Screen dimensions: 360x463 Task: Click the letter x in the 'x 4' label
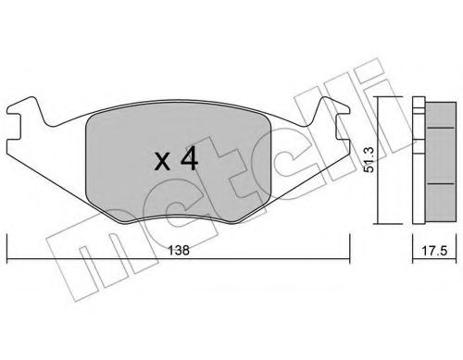(x=160, y=161)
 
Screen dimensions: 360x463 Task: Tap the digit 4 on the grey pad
(x=188, y=159)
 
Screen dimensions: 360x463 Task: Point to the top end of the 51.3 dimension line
(x=382, y=97)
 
